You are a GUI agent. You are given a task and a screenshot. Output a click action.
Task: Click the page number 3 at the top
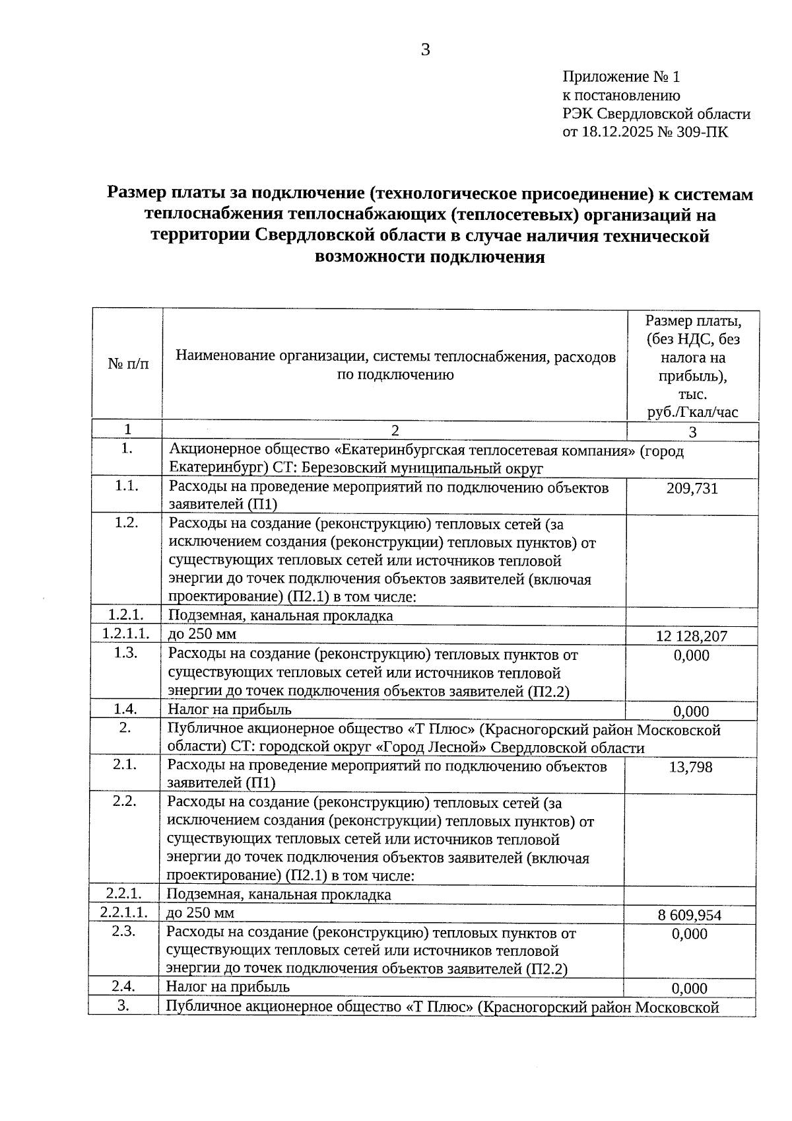tap(425, 50)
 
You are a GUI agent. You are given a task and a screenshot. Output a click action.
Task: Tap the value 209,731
tap(692, 489)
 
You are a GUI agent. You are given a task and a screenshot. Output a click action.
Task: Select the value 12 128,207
tap(692, 636)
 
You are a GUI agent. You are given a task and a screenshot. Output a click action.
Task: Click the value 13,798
tap(690, 768)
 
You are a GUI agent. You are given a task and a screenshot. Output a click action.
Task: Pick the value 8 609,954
tap(690, 916)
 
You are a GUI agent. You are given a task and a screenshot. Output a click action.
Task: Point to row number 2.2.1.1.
tap(124, 913)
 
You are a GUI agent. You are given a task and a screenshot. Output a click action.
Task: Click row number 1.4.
tap(125, 709)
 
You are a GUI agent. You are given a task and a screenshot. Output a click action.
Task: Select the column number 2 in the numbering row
tap(395, 431)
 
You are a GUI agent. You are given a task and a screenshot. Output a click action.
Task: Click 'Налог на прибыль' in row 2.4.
tap(228, 987)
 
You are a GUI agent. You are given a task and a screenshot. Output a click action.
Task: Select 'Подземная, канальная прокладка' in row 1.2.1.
tap(280, 616)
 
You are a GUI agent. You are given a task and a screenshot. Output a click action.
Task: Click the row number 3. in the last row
tap(123, 1006)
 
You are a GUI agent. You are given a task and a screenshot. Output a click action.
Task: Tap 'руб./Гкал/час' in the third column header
tap(692, 413)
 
